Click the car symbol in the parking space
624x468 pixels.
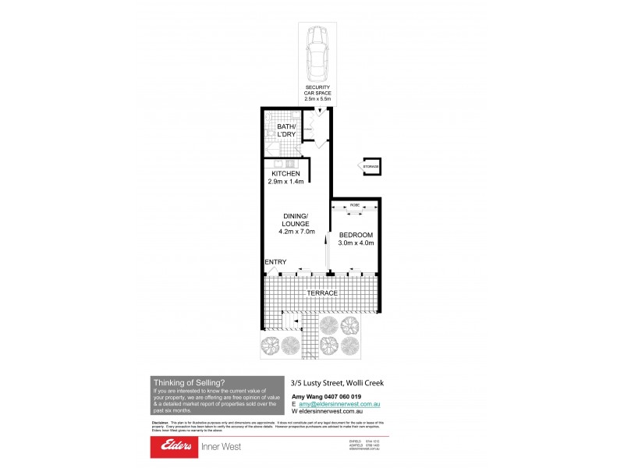pos(317,54)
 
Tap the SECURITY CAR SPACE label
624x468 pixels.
pos(317,93)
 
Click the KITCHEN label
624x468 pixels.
pos(285,173)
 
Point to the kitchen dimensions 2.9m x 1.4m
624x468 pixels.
pos(285,181)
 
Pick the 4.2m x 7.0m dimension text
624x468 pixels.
pos(296,231)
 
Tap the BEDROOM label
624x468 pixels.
pos(356,235)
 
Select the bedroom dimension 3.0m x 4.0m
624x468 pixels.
pos(356,243)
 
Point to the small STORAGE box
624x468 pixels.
pos(370,166)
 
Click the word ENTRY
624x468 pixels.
pos(275,262)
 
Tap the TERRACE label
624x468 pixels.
pos(321,292)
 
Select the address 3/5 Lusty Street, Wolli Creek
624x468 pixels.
pos(336,382)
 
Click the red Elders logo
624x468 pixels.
pos(187,447)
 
